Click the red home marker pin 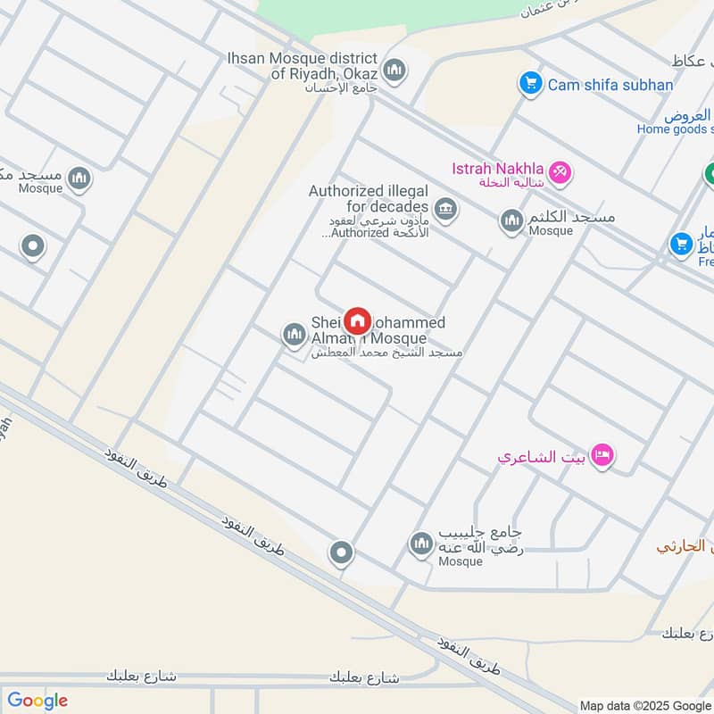357,320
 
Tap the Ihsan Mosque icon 394,70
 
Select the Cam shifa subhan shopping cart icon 531,85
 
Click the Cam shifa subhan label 610,85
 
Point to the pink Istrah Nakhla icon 560,170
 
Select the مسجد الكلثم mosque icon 511,220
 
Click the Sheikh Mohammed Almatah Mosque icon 294,336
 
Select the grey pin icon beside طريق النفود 340,553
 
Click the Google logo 37,701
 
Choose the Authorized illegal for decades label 369,199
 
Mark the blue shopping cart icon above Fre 682,243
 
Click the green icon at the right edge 710,176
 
